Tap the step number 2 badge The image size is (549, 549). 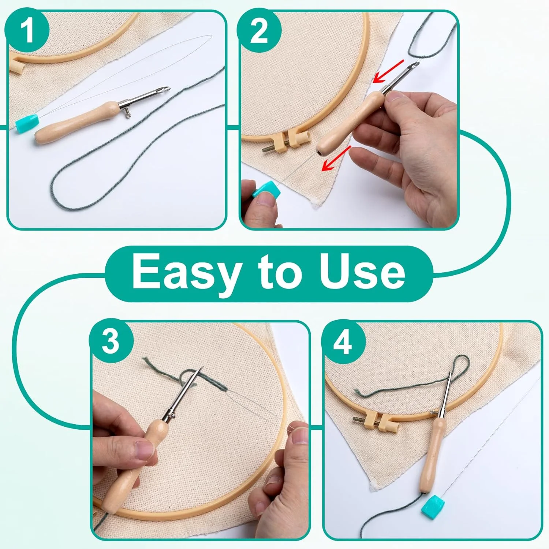tap(259, 31)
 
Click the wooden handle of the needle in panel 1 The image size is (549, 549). tap(77, 124)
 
